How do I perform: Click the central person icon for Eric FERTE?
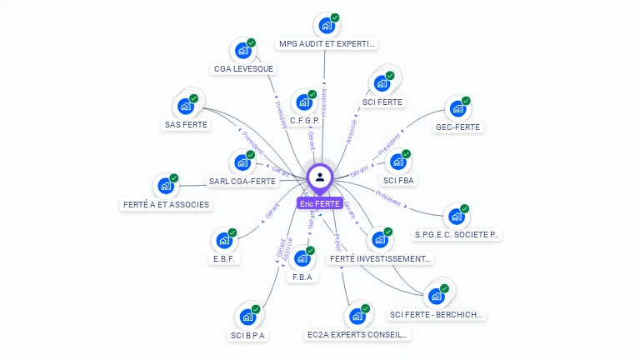[320, 177]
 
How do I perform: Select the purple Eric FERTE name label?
[320, 203]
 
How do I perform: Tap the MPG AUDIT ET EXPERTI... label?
[327, 44]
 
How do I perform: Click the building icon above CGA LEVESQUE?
[243, 51]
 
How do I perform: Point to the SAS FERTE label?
[186, 125]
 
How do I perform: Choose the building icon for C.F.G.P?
[304, 102]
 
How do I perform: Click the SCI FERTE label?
[382, 102]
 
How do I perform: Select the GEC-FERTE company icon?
[457, 108]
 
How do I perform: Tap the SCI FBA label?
[399, 180]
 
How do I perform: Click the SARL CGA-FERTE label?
[242, 181]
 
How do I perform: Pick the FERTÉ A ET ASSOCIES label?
[166, 204]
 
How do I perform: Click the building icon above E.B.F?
[224, 241]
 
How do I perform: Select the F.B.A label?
[302, 277]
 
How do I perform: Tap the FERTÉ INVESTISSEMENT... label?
[381, 259]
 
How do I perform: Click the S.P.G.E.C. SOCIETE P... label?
[457, 235]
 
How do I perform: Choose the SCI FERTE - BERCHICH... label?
[437, 315]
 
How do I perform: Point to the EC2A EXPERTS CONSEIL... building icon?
[357, 317]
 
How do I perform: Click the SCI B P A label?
[247, 336]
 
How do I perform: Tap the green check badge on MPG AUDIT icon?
[335, 17]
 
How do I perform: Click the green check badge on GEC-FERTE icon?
[466, 101]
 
